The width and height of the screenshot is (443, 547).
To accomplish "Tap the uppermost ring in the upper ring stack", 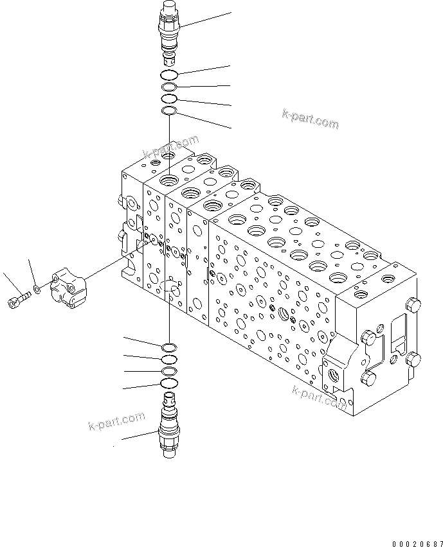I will click(x=170, y=75).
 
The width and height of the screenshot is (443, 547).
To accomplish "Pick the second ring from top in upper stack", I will click(x=169, y=87).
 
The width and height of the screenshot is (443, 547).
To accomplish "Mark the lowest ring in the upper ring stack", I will click(x=169, y=112).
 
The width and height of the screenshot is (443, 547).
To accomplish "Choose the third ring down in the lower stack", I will click(x=169, y=372).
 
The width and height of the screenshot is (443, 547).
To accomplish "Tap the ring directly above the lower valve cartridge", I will click(x=169, y=384).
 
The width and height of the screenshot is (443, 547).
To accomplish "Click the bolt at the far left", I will click(x=18, y=299).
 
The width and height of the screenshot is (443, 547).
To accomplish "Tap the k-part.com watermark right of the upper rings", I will click(x=310, y=119).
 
